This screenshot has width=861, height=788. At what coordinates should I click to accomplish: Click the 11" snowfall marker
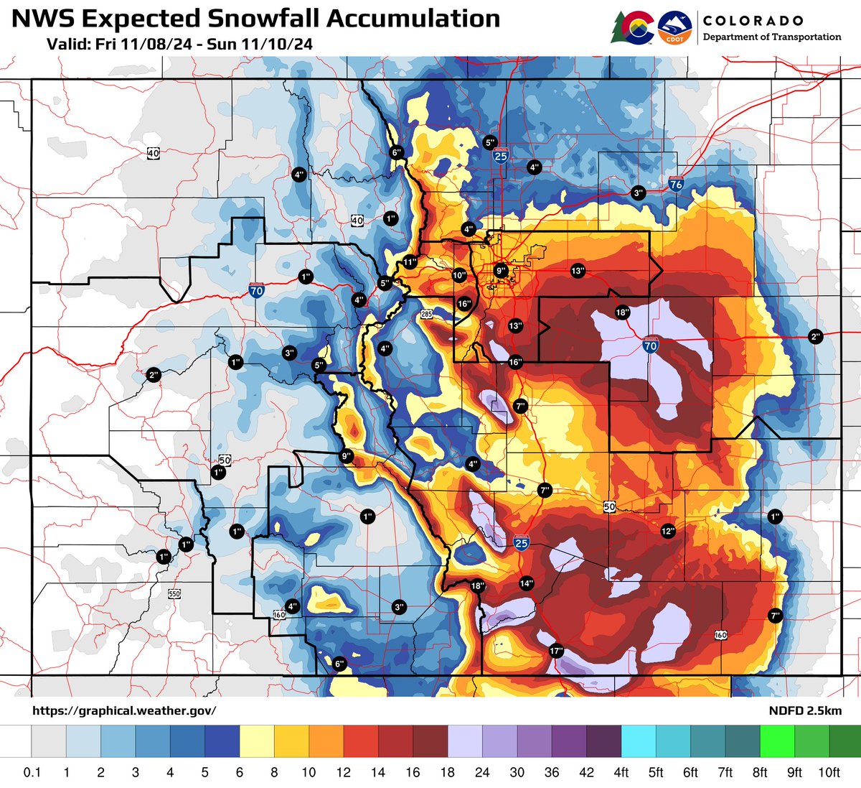[410, 262]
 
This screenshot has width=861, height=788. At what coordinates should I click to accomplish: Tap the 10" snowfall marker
[459, 274]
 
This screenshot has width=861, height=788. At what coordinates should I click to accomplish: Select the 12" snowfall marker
[668, 531]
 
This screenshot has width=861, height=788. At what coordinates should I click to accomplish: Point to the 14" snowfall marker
[527, 583]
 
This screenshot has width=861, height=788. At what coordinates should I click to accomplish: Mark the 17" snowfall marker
[555, 651]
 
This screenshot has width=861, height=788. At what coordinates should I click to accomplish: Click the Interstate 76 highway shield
[675, 183]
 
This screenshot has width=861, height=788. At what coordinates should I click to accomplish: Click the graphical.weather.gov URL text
[124, 710]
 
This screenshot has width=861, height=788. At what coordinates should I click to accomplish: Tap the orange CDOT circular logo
[674, 27]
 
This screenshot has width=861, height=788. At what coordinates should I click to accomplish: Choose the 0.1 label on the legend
[32, 772]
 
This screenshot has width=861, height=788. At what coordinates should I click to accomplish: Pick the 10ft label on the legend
[829, 772]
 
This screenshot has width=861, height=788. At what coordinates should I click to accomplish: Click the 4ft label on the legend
[621, 772]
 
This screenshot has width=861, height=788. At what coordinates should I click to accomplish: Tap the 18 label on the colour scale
[448, 772]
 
